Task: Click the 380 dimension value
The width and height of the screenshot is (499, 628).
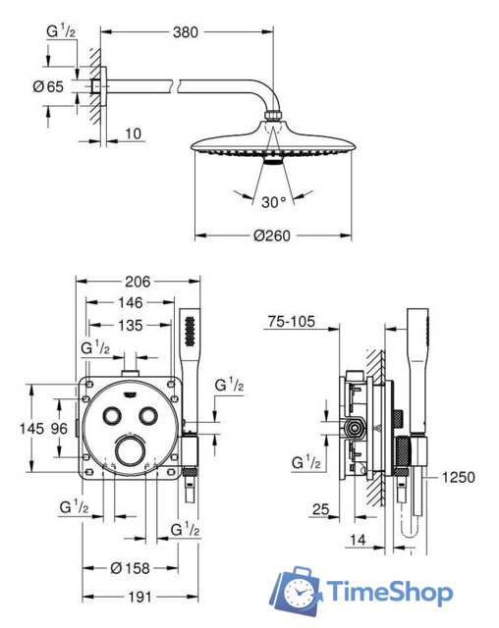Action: [x=186, y=32]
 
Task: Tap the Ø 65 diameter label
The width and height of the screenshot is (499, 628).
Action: [x=48, y=86]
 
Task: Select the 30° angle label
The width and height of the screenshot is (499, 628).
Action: [x=274, y=202]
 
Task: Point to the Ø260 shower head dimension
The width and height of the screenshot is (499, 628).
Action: [x=272, y=235]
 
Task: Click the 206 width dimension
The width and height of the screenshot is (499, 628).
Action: [x=138, y=282]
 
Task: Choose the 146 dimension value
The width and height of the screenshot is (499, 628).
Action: [x=131, y=302]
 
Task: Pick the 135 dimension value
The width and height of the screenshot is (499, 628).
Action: [x=131, y=325]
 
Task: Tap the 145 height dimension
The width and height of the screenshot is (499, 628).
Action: [x=31, y=429]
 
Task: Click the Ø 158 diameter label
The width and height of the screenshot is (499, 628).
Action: [x=130, y=568]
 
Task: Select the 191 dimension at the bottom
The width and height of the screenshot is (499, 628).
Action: [x=139, y=598]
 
